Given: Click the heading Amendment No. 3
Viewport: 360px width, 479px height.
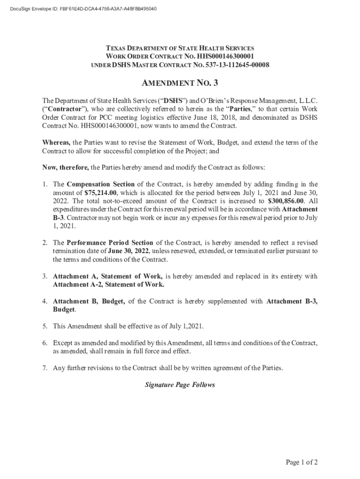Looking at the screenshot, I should pyautogui.click(x=180, y=84).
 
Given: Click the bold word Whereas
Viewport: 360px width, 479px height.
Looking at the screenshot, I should pyautogui.click(x=57, y=143).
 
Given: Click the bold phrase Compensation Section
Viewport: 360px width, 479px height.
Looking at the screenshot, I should pyautogui.click(x=101, y=184).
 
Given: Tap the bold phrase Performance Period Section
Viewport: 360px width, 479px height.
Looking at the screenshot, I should pyautogui.click(x=110, y=243).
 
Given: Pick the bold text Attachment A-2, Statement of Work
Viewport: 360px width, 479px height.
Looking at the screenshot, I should pyautogui.click(x=108, y=284).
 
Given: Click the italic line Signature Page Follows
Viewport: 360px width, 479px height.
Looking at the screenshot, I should pyautogui.click(x=180, y=385).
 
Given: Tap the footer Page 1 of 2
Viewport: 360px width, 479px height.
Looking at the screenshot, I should pyautogui.click(x=302, y=463).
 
